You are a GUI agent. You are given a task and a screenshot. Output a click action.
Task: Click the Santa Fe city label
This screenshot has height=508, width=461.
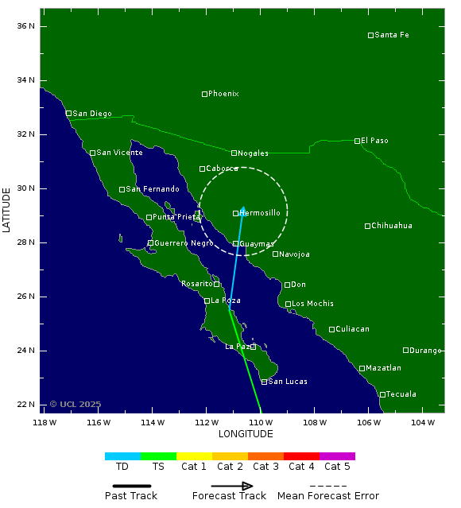tap(392, 35)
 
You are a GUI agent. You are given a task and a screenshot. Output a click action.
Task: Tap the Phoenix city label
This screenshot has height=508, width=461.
tap(223, 94)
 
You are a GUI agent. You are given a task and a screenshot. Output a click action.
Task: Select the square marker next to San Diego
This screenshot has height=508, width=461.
tap(68, 114)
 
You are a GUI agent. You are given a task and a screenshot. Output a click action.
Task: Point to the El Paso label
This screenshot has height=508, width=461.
tap(374, 141)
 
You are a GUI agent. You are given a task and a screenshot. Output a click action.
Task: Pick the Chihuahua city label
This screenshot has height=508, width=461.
tap(392, 226)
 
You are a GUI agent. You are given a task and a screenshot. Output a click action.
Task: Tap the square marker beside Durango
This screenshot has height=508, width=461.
tap(405, 350)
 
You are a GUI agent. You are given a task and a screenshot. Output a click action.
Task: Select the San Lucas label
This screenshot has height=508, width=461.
tap(288, 382)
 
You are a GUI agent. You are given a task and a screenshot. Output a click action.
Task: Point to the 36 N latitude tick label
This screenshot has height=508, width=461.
tap(26, 26)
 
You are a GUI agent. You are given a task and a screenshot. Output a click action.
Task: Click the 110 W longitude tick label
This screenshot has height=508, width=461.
tap(260, 422)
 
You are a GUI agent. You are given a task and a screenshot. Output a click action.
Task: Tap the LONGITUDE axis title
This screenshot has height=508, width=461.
tap(246, 434)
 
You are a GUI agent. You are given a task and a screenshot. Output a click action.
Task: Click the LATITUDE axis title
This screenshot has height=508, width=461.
tap(7, 210)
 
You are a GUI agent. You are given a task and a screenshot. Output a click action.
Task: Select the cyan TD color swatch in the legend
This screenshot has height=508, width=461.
tap(122, 456)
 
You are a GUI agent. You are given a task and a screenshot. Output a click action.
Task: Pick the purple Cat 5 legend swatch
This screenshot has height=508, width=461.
tap(337, 456)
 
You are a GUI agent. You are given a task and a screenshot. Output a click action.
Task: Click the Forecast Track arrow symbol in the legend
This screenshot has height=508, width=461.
tap(232, 486)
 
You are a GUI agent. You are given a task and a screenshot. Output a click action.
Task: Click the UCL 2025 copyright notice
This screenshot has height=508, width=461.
tap(76, 404)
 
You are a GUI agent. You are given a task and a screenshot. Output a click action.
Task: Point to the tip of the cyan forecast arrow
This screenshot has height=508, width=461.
tap(243, 207)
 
